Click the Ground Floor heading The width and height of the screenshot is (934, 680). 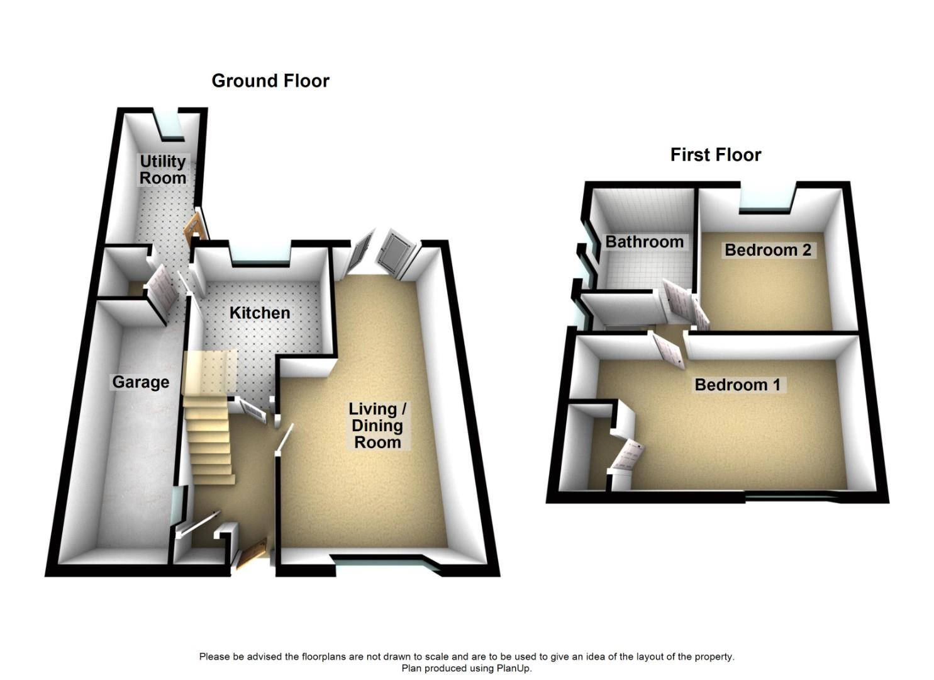click(x=270, y=81)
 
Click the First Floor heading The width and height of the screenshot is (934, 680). click(x=716, y=155)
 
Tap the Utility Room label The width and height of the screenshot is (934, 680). click(x=162, y=170)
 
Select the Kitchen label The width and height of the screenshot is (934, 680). click(x=259, y=313)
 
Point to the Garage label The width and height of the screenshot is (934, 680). click(x=140, y=382)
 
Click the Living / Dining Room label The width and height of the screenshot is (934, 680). click(x=377, y=426)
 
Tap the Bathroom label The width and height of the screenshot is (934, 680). click(x=644, y=242)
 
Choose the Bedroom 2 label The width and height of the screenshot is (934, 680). click(x=768, y=250)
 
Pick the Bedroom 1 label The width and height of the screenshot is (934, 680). click(x=737, y=385)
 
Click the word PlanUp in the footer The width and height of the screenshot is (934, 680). click(x=513, y=668)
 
